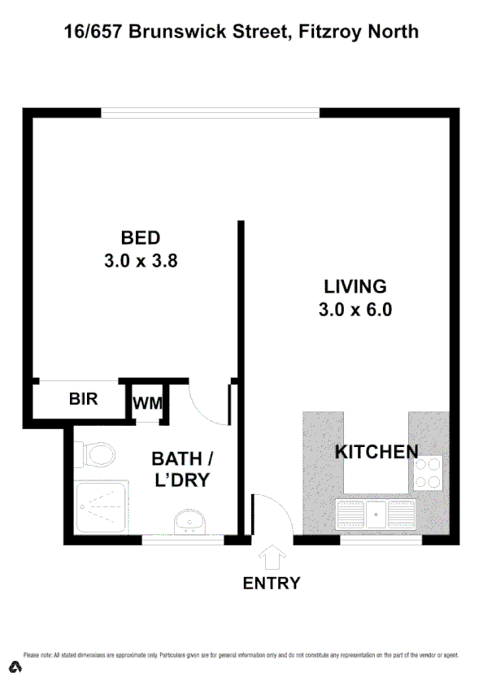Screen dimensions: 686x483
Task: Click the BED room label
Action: (x=141, y=238)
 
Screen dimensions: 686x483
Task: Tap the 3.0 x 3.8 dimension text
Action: (x=141, y=262)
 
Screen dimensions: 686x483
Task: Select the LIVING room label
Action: (x=355, y=286)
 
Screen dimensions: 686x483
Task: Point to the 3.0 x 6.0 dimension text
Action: (x=356, y=310)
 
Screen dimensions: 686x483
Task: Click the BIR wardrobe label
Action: (x=83, y=399)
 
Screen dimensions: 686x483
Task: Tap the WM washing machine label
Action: (x=147, y=402)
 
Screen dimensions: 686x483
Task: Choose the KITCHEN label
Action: (x=376, y=452)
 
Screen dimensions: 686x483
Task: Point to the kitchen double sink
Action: (x=376, y=515)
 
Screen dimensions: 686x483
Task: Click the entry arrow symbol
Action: (x=272, y=558)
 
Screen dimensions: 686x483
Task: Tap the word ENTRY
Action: (x=272, y=583)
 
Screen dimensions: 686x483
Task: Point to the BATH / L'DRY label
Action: (x=182, y=469)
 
